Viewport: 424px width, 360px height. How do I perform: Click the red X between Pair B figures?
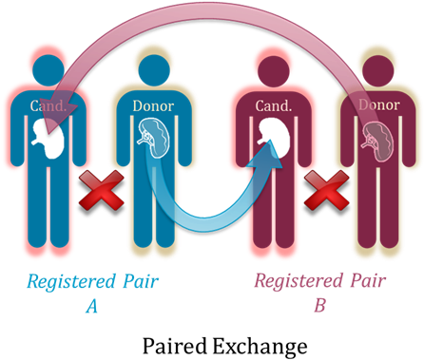(x=324, y=197)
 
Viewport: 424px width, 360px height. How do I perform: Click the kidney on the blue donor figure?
(x=153, y=139)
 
